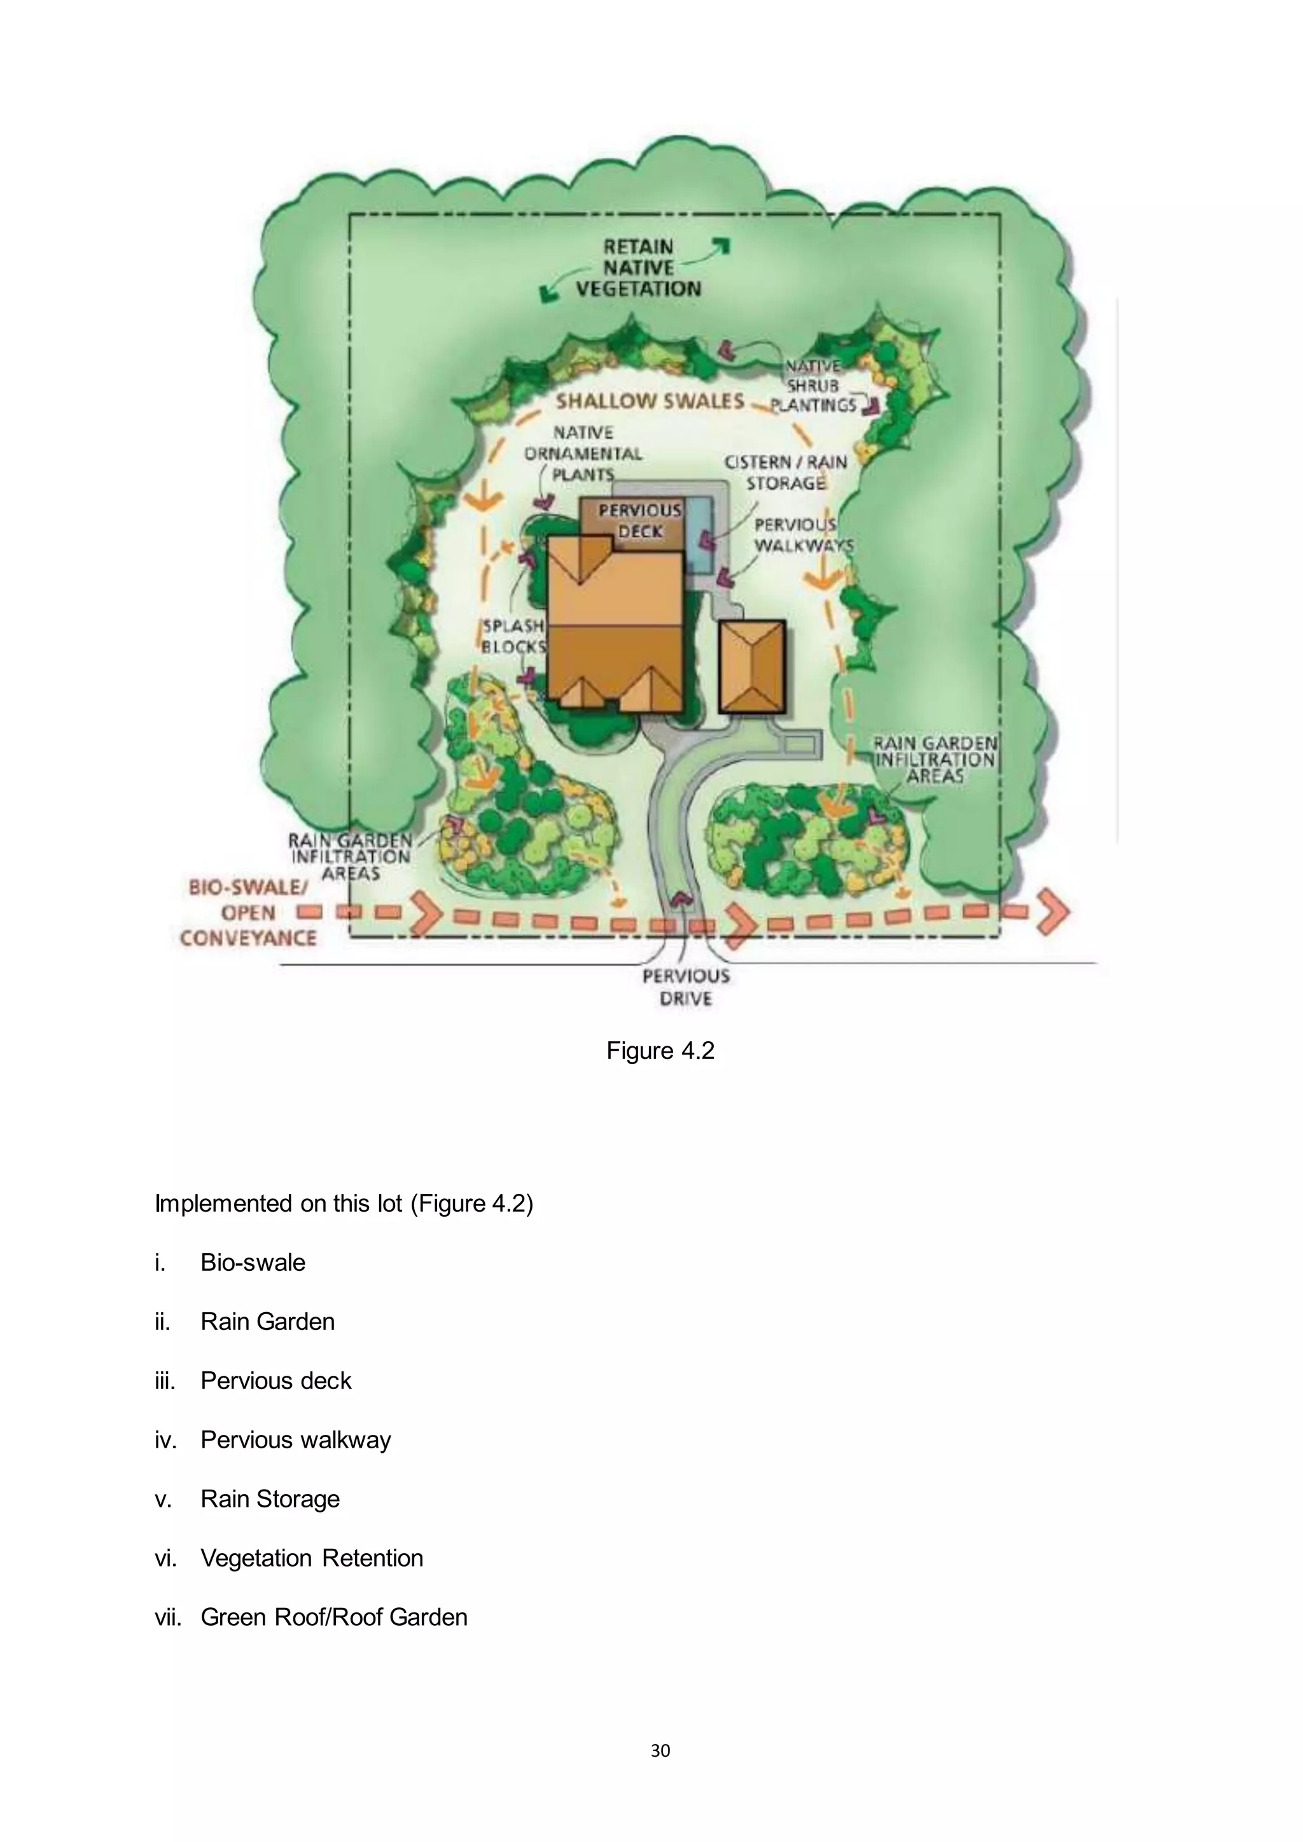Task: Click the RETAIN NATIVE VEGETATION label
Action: (x=638, y=268)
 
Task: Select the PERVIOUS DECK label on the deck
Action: (x=639, y=521)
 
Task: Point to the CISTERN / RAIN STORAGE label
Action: (x=786, y=473)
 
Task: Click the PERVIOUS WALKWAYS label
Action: (x=802, y=535)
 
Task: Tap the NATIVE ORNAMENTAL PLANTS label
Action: (x=583, y=454)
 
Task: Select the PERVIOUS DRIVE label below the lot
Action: (x=686, y=987)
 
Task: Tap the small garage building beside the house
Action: (x=751, y=667)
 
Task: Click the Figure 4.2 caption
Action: (x=660, y=1051)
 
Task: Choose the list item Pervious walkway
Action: (x=295, y=1439)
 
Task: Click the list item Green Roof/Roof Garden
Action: (x=334, y=1617)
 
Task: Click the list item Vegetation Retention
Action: (x=311, y=1557)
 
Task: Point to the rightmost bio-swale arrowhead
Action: (x=1054, y=912)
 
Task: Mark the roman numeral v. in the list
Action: (x=163, y=1499)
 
